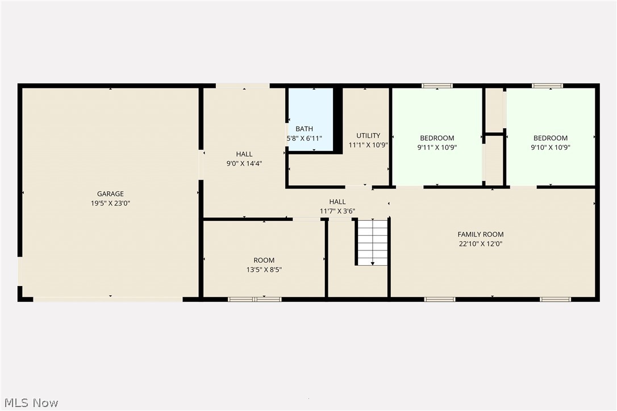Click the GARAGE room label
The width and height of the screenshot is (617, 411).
(110, 194)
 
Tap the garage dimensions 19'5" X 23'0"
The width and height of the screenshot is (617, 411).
(110, 203)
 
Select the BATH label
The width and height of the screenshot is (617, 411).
(304, 129)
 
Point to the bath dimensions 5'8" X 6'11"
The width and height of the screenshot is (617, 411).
(304, 138)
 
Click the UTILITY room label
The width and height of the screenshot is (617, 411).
(368, 135)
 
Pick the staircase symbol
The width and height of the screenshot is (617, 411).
(373, 242)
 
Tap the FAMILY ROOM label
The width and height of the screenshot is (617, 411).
(481, 234)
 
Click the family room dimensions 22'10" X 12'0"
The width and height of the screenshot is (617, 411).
(481, 244)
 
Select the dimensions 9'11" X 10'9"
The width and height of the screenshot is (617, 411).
(437, 147)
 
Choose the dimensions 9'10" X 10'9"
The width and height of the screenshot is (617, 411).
(551, 147)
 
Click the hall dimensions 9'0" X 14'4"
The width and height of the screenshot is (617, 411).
(244, 163)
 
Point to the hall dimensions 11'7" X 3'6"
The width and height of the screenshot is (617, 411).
(337, 211)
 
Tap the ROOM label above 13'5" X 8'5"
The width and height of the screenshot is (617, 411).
(264, 261)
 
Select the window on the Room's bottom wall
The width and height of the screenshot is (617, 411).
(255, 299)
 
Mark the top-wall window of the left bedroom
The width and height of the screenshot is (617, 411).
(437, 86)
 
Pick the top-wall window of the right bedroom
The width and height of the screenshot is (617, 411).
(548, 86)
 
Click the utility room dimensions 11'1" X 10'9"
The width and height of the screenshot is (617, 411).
(368, 144)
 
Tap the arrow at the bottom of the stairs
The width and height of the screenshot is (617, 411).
(373, 263)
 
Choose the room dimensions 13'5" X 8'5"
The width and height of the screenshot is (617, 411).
(264, 270)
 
